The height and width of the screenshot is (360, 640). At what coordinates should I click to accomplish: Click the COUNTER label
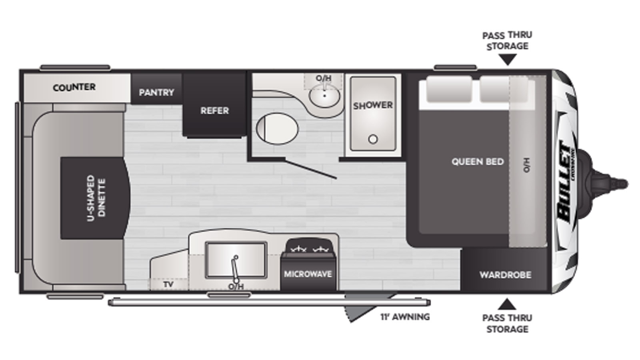point(74,87)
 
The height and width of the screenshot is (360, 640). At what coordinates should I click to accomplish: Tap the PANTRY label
point(156,92)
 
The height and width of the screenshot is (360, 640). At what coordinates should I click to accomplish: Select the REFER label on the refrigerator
point(214,110)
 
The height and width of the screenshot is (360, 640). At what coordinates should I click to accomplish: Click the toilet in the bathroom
point(277,128)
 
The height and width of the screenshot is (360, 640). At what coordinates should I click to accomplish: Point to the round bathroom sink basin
point(324,96)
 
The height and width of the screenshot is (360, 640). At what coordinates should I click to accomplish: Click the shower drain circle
point(373,139)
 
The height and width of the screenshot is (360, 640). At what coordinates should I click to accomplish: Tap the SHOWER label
point(373,106)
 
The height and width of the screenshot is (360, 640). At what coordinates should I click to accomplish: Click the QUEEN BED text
point(478,162)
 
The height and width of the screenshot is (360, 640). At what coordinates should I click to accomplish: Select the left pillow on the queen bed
point(449,88)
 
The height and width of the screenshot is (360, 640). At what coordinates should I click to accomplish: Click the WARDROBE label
point(506,275)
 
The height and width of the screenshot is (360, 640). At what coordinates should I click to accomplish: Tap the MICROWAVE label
point(308,274)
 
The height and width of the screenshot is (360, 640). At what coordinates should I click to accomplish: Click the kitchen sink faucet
point(235,268)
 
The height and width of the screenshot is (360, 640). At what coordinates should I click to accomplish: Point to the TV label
point(168,284)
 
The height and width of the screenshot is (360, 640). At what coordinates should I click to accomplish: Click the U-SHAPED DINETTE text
point(96,198)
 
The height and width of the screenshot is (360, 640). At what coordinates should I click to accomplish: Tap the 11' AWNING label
point(405,317)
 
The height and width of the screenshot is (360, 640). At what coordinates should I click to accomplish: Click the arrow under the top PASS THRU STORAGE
point(508,60)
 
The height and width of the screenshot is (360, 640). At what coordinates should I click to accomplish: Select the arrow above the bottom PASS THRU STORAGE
point(507,304)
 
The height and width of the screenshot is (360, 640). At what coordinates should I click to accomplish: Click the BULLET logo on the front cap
point(566,182)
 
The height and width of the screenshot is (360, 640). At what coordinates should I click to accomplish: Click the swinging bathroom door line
point(311,170)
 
